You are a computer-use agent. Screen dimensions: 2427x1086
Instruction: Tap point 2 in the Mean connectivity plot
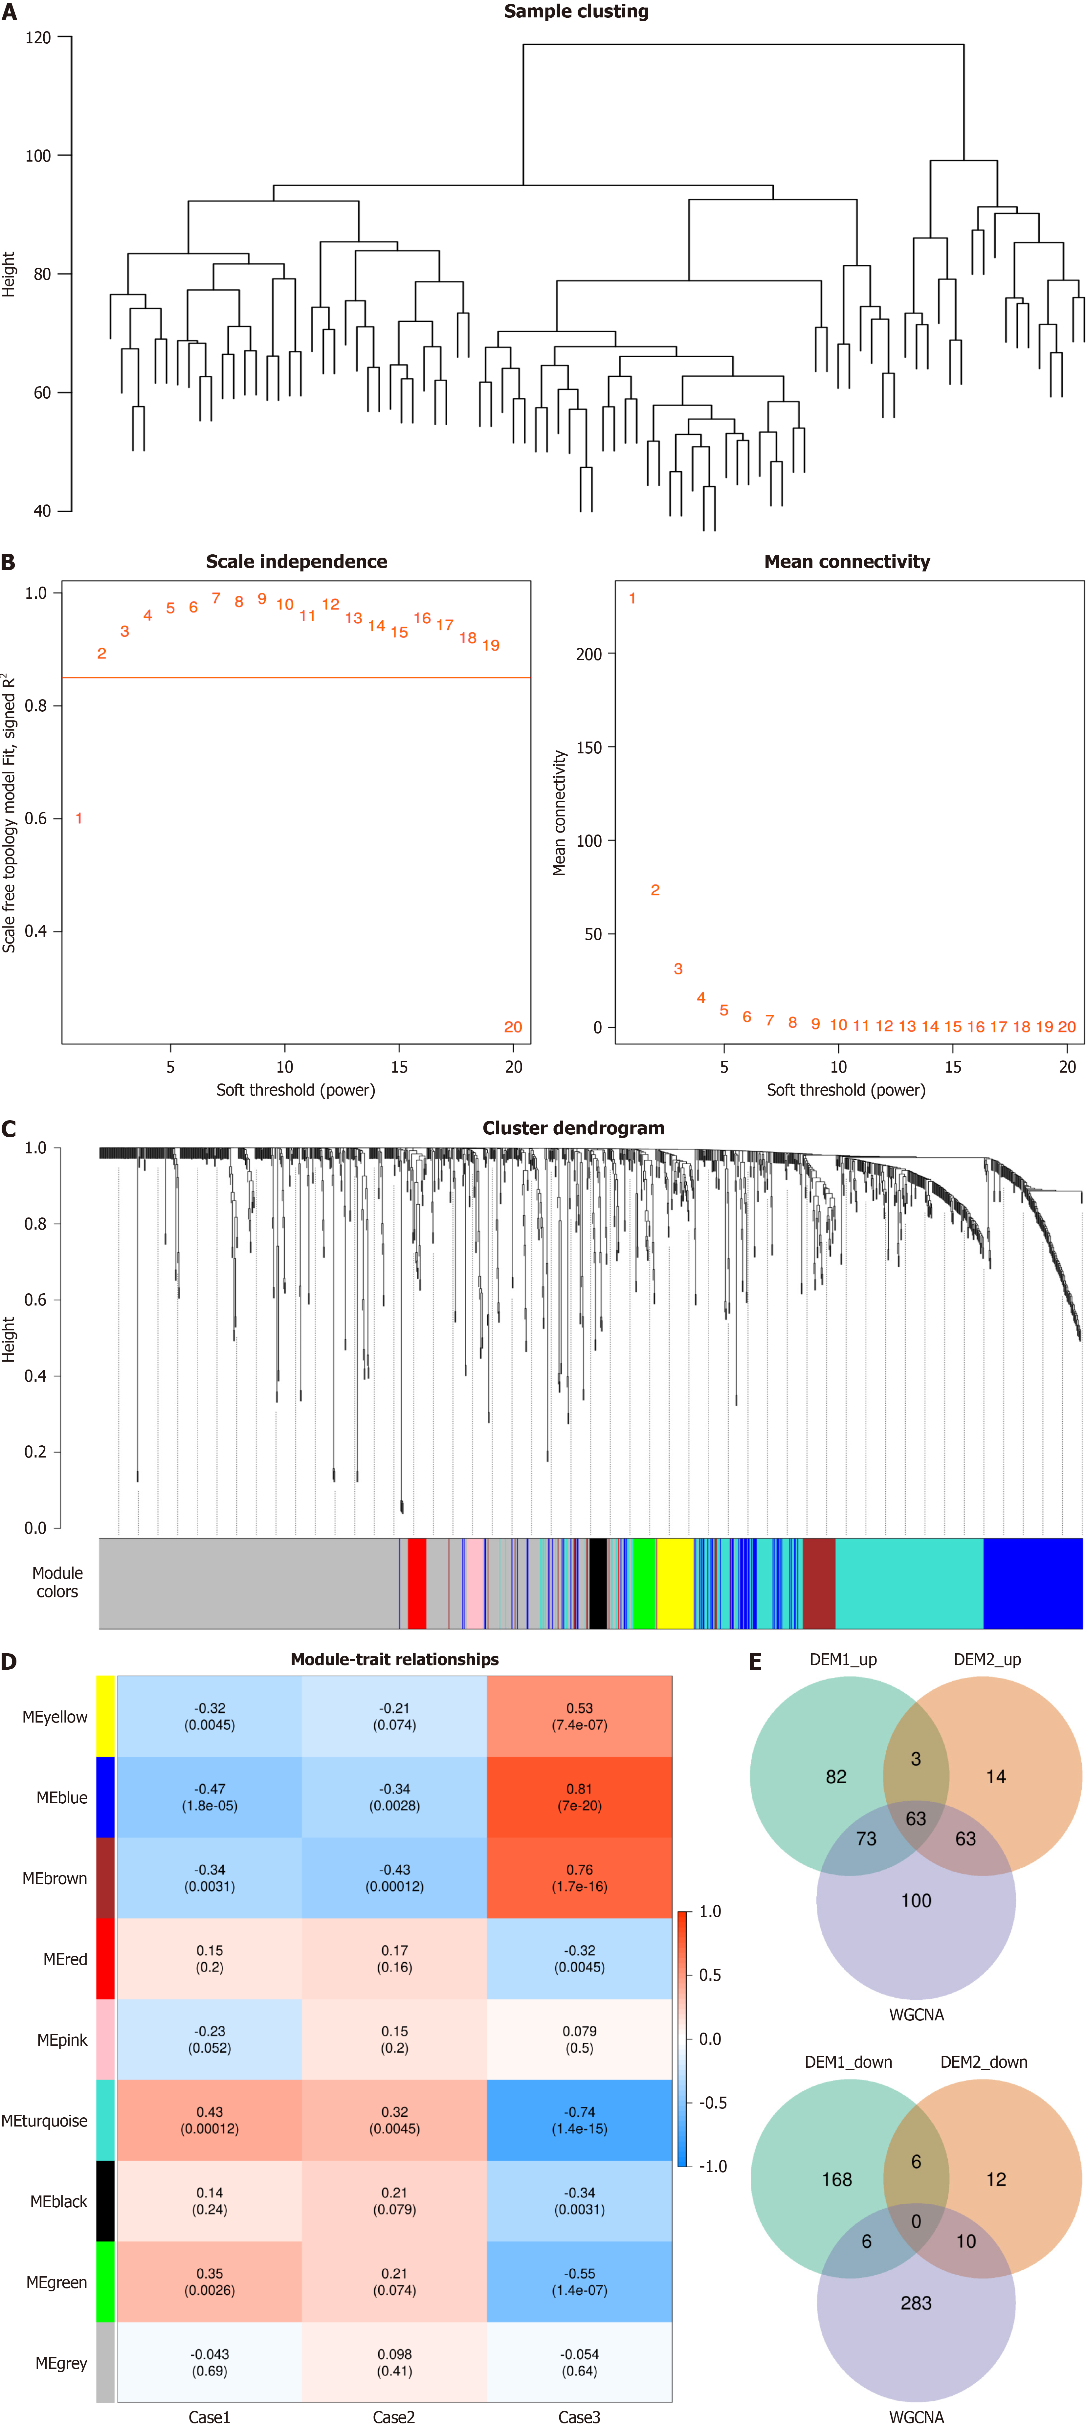click(x=655, y=890)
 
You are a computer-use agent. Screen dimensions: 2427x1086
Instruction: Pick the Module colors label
click(x=57, y=1582)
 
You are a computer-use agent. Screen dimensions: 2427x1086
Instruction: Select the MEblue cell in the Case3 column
click(x=579, y=1797)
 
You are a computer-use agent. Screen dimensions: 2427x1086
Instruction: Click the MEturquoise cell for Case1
click(x=209, y=2120)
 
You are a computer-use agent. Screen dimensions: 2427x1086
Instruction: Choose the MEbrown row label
click(x=55, y=1878)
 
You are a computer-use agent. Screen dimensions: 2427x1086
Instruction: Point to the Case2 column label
click(x=394, y=2416)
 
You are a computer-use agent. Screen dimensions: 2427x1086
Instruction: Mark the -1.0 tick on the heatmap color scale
click(x=712, y=2166)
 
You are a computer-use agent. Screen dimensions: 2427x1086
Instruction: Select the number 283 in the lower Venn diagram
click(x=916, y=2303)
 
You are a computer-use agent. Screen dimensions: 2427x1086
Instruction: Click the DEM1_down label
click(x=848, y=2062)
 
